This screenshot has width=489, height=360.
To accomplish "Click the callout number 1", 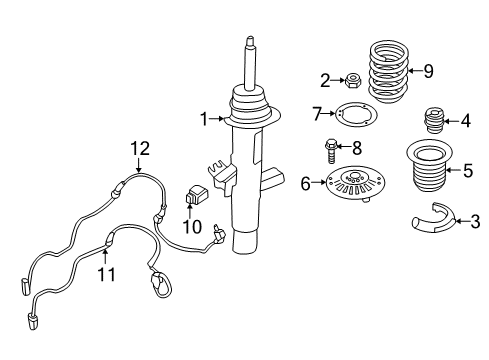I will coord(205,120).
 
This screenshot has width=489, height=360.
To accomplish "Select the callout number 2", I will coord(324,80).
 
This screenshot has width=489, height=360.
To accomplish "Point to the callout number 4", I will coord(466,121).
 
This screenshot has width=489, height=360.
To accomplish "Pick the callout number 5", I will coord(468,170).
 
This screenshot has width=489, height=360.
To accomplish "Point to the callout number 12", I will coord(139,149).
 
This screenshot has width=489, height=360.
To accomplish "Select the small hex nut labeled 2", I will coord(353,80).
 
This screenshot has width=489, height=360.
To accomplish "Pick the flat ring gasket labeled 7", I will coord(350,116).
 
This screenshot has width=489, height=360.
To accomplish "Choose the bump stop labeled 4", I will coord(437,122).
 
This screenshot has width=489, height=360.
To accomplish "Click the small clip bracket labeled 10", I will coord(197,194).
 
